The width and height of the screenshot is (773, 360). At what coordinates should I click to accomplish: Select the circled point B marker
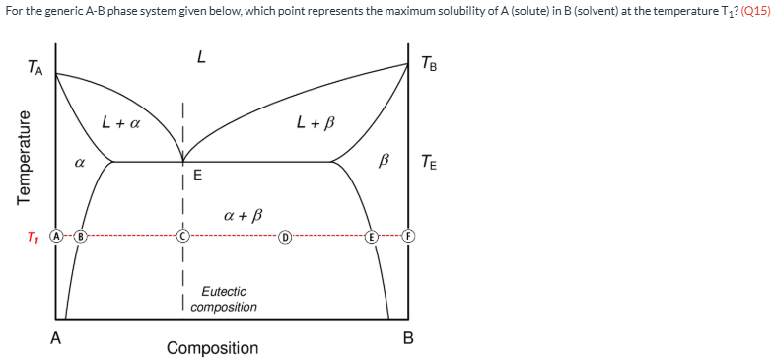81,237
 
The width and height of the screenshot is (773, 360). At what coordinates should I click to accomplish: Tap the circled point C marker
182,237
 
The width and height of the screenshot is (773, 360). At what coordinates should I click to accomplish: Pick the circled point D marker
285,237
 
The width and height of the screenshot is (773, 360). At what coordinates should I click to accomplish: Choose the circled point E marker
372,237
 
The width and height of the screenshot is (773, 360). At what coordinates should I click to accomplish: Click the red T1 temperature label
35,238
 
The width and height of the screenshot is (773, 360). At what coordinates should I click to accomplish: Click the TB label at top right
429,65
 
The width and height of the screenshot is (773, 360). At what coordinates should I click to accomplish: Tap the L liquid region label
201,58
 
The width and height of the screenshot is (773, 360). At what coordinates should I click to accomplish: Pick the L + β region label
316,123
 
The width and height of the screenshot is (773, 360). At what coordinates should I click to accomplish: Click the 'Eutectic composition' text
224,299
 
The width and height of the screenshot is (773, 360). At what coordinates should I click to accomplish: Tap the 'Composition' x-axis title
212,347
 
